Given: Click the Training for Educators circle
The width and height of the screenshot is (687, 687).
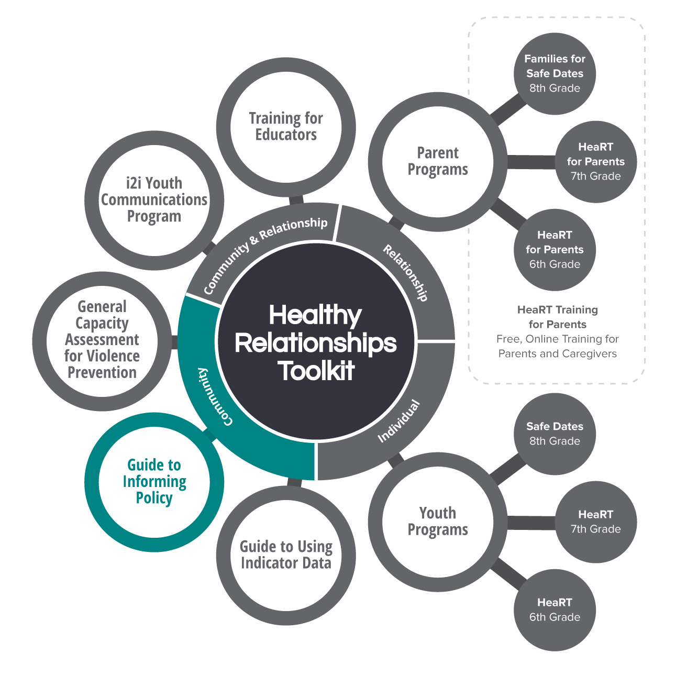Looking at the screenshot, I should click(x=286, y=127).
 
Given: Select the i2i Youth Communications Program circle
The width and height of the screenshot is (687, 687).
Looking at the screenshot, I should click(x=154, y=200).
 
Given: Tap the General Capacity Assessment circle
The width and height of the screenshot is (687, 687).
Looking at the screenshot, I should click(x=102, y=340).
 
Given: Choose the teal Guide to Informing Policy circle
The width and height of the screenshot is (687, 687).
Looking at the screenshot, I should click(x=154, y=482).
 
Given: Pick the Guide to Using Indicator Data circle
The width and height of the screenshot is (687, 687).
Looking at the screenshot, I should click(x=286, y=555).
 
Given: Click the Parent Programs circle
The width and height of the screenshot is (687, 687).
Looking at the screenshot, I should click(x=438, y=161).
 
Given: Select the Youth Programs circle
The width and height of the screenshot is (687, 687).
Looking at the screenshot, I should click(x=438, y=522).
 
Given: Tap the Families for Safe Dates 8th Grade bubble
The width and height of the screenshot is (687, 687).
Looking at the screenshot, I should click(x=555, y=73).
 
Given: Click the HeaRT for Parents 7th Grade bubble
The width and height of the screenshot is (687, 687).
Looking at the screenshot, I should click(x=595, y=161).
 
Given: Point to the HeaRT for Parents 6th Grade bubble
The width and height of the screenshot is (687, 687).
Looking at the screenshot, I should click(x=555, y=249).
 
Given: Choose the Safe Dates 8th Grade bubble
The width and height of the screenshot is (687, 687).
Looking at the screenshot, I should click(x=555, y=434).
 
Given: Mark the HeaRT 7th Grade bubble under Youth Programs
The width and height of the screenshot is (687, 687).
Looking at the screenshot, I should click(x=595, y=522).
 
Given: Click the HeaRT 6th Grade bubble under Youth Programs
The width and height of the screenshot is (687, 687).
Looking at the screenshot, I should click(x=555, y=610).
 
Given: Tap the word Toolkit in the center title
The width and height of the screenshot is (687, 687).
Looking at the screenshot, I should click(x=316, y=371).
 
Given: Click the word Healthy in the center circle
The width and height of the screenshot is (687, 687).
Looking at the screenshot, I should click(x=315, y=316).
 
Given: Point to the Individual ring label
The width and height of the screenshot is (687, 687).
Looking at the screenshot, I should click(x=399, y=421).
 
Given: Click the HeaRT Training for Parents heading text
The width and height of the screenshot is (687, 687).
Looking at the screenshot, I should click(x=557, y=317).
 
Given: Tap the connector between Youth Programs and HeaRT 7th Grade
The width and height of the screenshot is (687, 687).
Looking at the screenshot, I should click(x=531, y=523).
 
